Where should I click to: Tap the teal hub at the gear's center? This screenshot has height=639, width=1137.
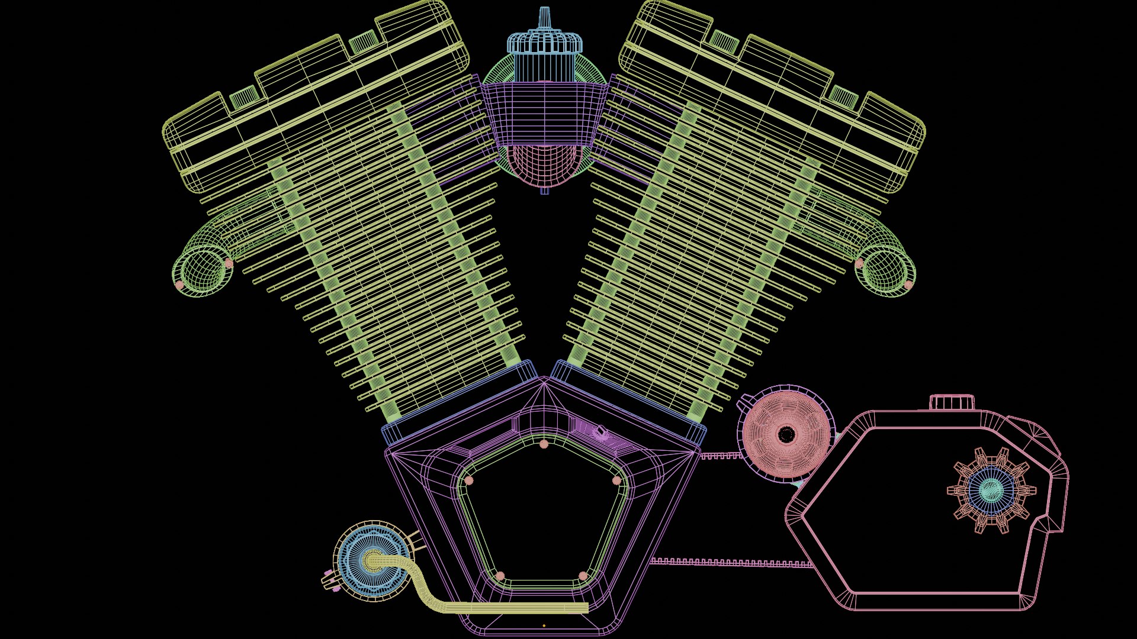click(x=991, y=490)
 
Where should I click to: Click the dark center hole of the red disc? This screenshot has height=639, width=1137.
click(x=786, y=435)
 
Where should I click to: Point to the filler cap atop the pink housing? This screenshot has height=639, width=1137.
click(x=952, y=402)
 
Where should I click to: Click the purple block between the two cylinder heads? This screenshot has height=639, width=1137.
click(x=544, y=112)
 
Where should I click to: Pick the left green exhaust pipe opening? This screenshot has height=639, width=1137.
click(x=203, y=269)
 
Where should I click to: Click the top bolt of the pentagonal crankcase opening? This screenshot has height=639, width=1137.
click(x=544, y=444)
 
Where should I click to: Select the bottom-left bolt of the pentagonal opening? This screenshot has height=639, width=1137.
click(x=500, y=576)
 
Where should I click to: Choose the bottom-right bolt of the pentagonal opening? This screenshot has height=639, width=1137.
click(x=583, y=576)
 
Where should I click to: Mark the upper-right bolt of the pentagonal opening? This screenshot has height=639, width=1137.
click(x=616, y=480)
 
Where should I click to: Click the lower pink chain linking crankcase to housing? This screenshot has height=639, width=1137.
click(x=731, y=563)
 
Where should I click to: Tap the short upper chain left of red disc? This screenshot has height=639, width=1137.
click(x=720, y=456)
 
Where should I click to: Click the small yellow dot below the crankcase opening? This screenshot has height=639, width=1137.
click(x=544, y=625)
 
